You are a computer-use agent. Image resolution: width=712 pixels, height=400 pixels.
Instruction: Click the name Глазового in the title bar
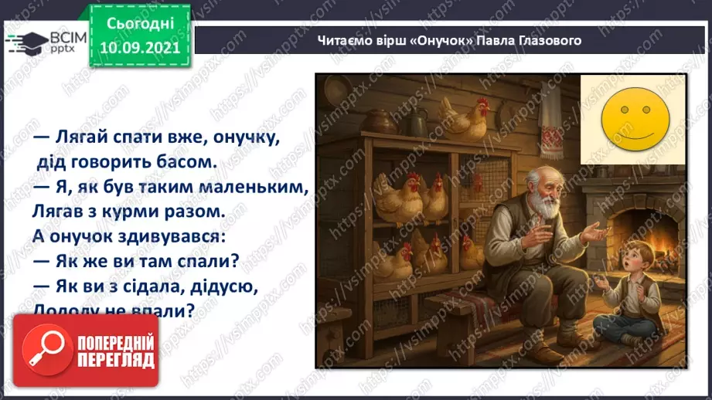point(550,40)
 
